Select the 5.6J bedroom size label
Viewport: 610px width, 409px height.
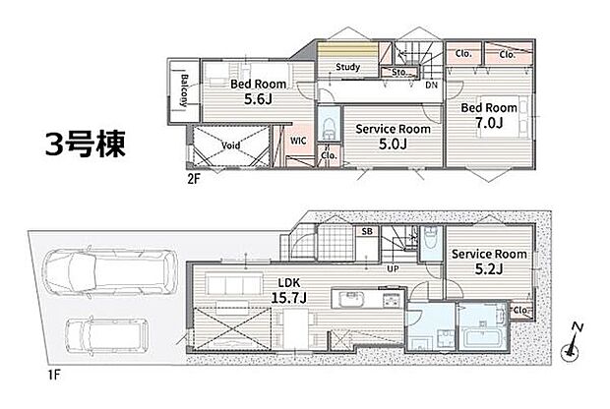[x=246, y=99]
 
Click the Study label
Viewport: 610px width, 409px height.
[x=346, y=68]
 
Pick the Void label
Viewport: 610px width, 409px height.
[x=231, y=146]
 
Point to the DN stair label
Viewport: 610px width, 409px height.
[x=431, y=86]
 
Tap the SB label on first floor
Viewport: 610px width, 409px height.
[x=367, y=232]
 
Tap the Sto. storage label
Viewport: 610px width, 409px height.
[x=399, y=71]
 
